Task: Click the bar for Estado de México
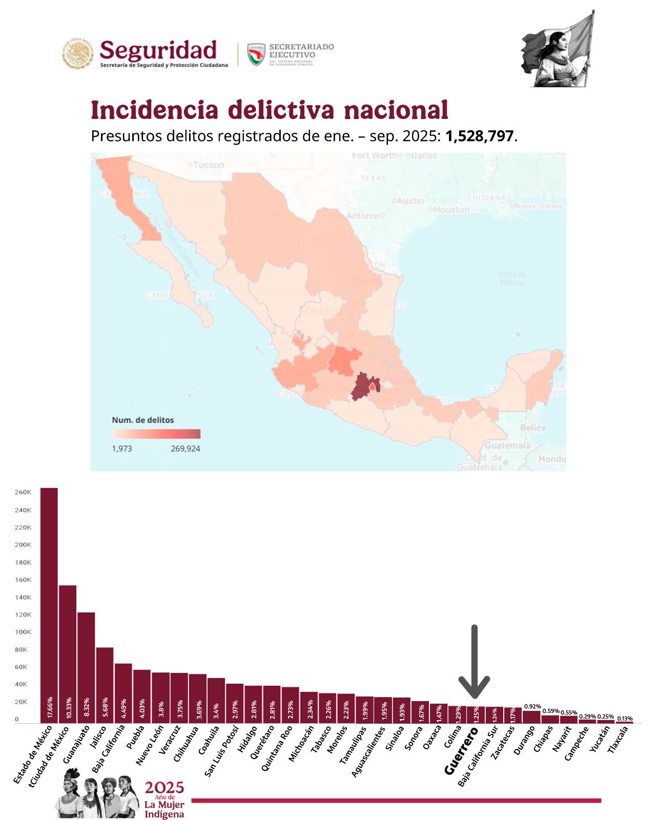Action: coord(49,605)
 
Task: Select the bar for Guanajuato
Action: coord(86,666)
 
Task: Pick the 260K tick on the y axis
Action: coord(23,493)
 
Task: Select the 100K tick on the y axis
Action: coord(23,632)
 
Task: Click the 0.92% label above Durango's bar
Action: coord(532,707)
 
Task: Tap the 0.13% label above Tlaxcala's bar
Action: coord(625,719)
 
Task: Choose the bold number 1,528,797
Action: coord(479,136)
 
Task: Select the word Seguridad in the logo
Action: coord(158,50)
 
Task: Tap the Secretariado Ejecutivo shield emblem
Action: coord(256,54)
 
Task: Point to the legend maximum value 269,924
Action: coord(186,449)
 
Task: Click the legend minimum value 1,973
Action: coord(122,449)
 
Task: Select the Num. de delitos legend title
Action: coord(143,420)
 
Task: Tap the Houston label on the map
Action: coord(451,210)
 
